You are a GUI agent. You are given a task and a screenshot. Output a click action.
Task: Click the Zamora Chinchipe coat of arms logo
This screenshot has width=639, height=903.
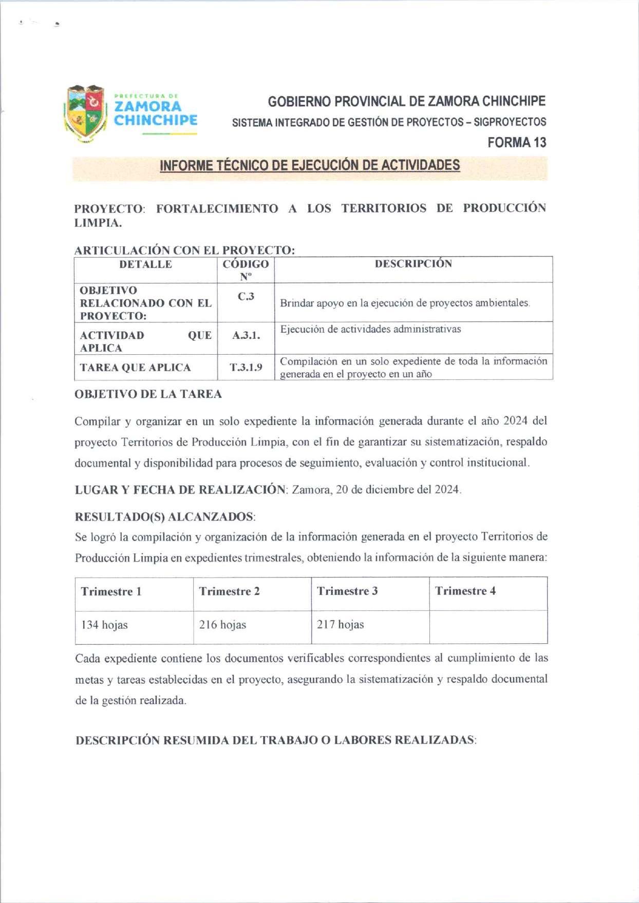point(85,113)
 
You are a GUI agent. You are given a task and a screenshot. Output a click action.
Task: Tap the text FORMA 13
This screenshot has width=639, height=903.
point(516,142)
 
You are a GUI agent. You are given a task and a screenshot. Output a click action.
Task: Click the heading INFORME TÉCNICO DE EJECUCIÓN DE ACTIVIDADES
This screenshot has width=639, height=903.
point(310,166)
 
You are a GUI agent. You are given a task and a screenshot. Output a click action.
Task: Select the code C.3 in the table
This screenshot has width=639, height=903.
point(246,297)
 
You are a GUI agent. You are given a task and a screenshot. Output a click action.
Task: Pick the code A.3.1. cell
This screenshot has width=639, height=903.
point(246,336)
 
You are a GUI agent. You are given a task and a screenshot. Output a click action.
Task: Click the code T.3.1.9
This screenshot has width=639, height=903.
point(246,367)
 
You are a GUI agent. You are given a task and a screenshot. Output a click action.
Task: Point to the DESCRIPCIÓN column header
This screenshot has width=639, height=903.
point(413,264)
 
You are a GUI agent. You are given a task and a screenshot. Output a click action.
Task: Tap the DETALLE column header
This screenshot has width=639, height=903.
point(145,264)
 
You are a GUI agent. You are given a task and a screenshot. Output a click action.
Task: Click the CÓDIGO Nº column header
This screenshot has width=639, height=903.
point(246,270)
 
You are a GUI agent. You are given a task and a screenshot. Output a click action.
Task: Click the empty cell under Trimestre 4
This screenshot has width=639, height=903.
point(488,626)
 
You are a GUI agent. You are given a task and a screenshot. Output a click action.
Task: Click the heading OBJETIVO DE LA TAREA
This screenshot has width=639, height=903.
point(148,394)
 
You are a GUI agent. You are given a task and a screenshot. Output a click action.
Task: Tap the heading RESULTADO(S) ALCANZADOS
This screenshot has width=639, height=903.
point(165,516)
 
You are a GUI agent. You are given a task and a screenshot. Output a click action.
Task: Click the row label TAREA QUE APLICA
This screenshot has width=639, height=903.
point(135,368)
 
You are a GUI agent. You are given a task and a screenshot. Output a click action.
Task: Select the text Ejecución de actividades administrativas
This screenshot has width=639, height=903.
point(370,329)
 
